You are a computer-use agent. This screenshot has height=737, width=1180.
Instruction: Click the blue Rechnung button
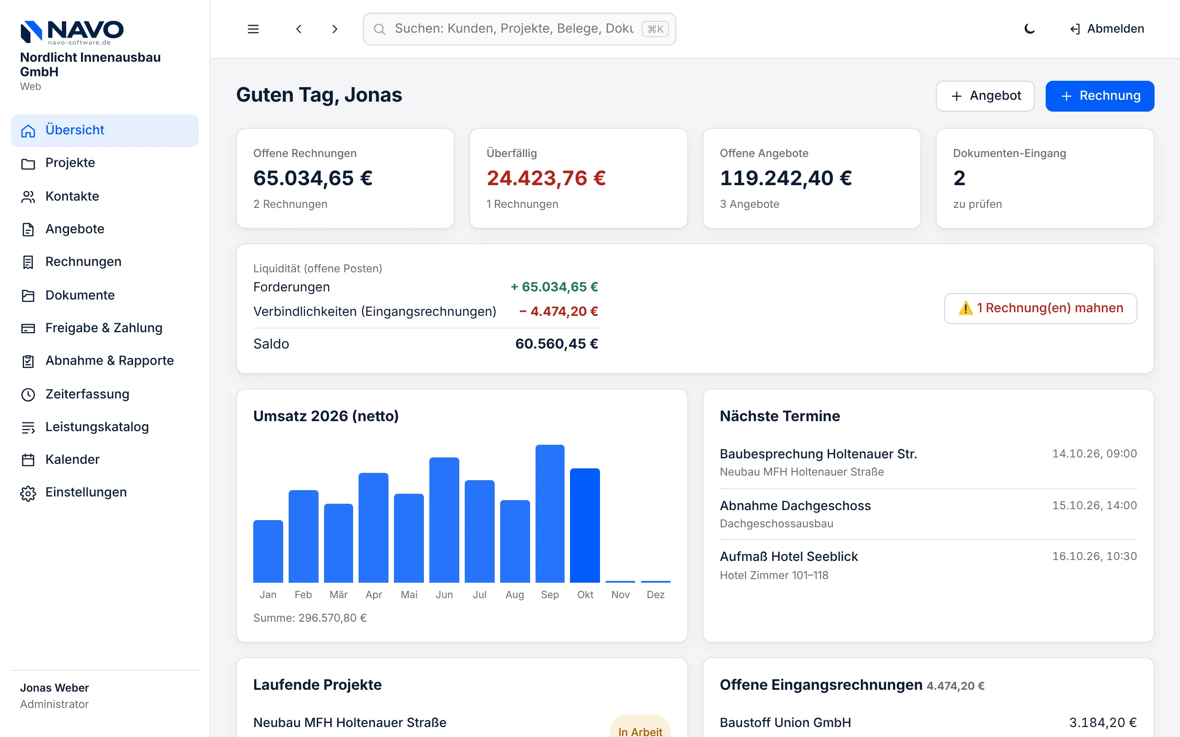(x=1099, y=96)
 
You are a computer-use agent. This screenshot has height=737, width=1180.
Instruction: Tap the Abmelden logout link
(x=1107, y=29)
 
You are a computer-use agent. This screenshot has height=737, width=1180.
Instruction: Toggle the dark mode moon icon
(x=1029, y=29)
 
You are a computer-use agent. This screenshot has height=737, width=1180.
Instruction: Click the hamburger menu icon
(x=253, y=29)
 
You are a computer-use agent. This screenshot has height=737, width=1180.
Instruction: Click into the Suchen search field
(x=519, y=29)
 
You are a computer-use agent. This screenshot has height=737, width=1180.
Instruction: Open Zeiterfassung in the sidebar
(x=87, y=394)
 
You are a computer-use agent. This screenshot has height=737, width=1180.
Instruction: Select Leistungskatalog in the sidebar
(x=97, y=427)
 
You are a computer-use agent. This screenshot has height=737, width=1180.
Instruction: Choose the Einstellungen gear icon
(x=28, y=493)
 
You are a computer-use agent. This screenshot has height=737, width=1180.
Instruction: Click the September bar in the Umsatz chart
(x=550, y=513)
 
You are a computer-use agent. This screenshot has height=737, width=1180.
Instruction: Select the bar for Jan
(x=268, y=551)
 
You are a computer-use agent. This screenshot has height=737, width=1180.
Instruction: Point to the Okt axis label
(x=585, y=595)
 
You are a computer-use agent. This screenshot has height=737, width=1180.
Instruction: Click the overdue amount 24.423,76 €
(x=546, y=178)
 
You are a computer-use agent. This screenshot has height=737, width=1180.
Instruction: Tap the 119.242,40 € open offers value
(x=786, y=178)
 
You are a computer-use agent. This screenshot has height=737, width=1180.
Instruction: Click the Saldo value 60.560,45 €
(x=556, y=344)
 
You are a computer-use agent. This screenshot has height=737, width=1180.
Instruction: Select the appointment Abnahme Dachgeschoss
(x=795, y=506)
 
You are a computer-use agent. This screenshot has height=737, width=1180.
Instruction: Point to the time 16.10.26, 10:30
(x=1094, y=556)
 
